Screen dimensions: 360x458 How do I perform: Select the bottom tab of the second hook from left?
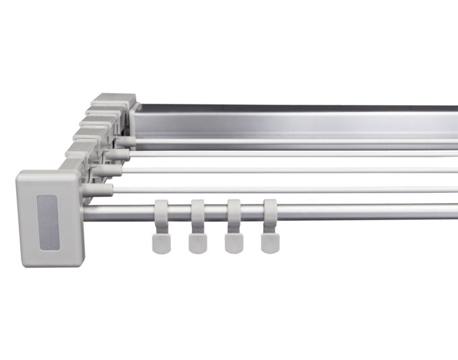click(x=197, y=243)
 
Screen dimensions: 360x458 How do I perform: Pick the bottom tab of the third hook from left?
click(x=233, y=243)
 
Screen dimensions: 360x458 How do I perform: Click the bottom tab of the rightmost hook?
click(x=269, y=243)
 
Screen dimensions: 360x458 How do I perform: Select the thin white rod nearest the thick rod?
click(x=303, y=190)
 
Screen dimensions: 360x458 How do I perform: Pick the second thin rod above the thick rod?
click(x=303, y=171)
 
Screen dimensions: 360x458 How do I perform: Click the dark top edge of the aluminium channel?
click(x=303, y=107)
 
